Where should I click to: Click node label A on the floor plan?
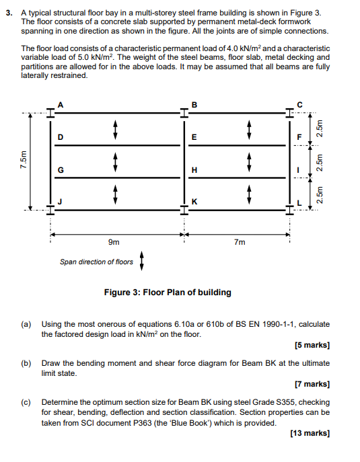[61, 104]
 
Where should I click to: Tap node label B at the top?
[194, 104]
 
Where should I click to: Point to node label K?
[194, 202]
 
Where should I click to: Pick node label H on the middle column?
[194, 169]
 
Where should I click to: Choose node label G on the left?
[61, 169]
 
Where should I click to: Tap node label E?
[194, 137]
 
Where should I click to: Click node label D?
[61, 137]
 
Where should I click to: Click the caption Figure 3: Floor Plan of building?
[168, 293]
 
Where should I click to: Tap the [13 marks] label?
[310, 434]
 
